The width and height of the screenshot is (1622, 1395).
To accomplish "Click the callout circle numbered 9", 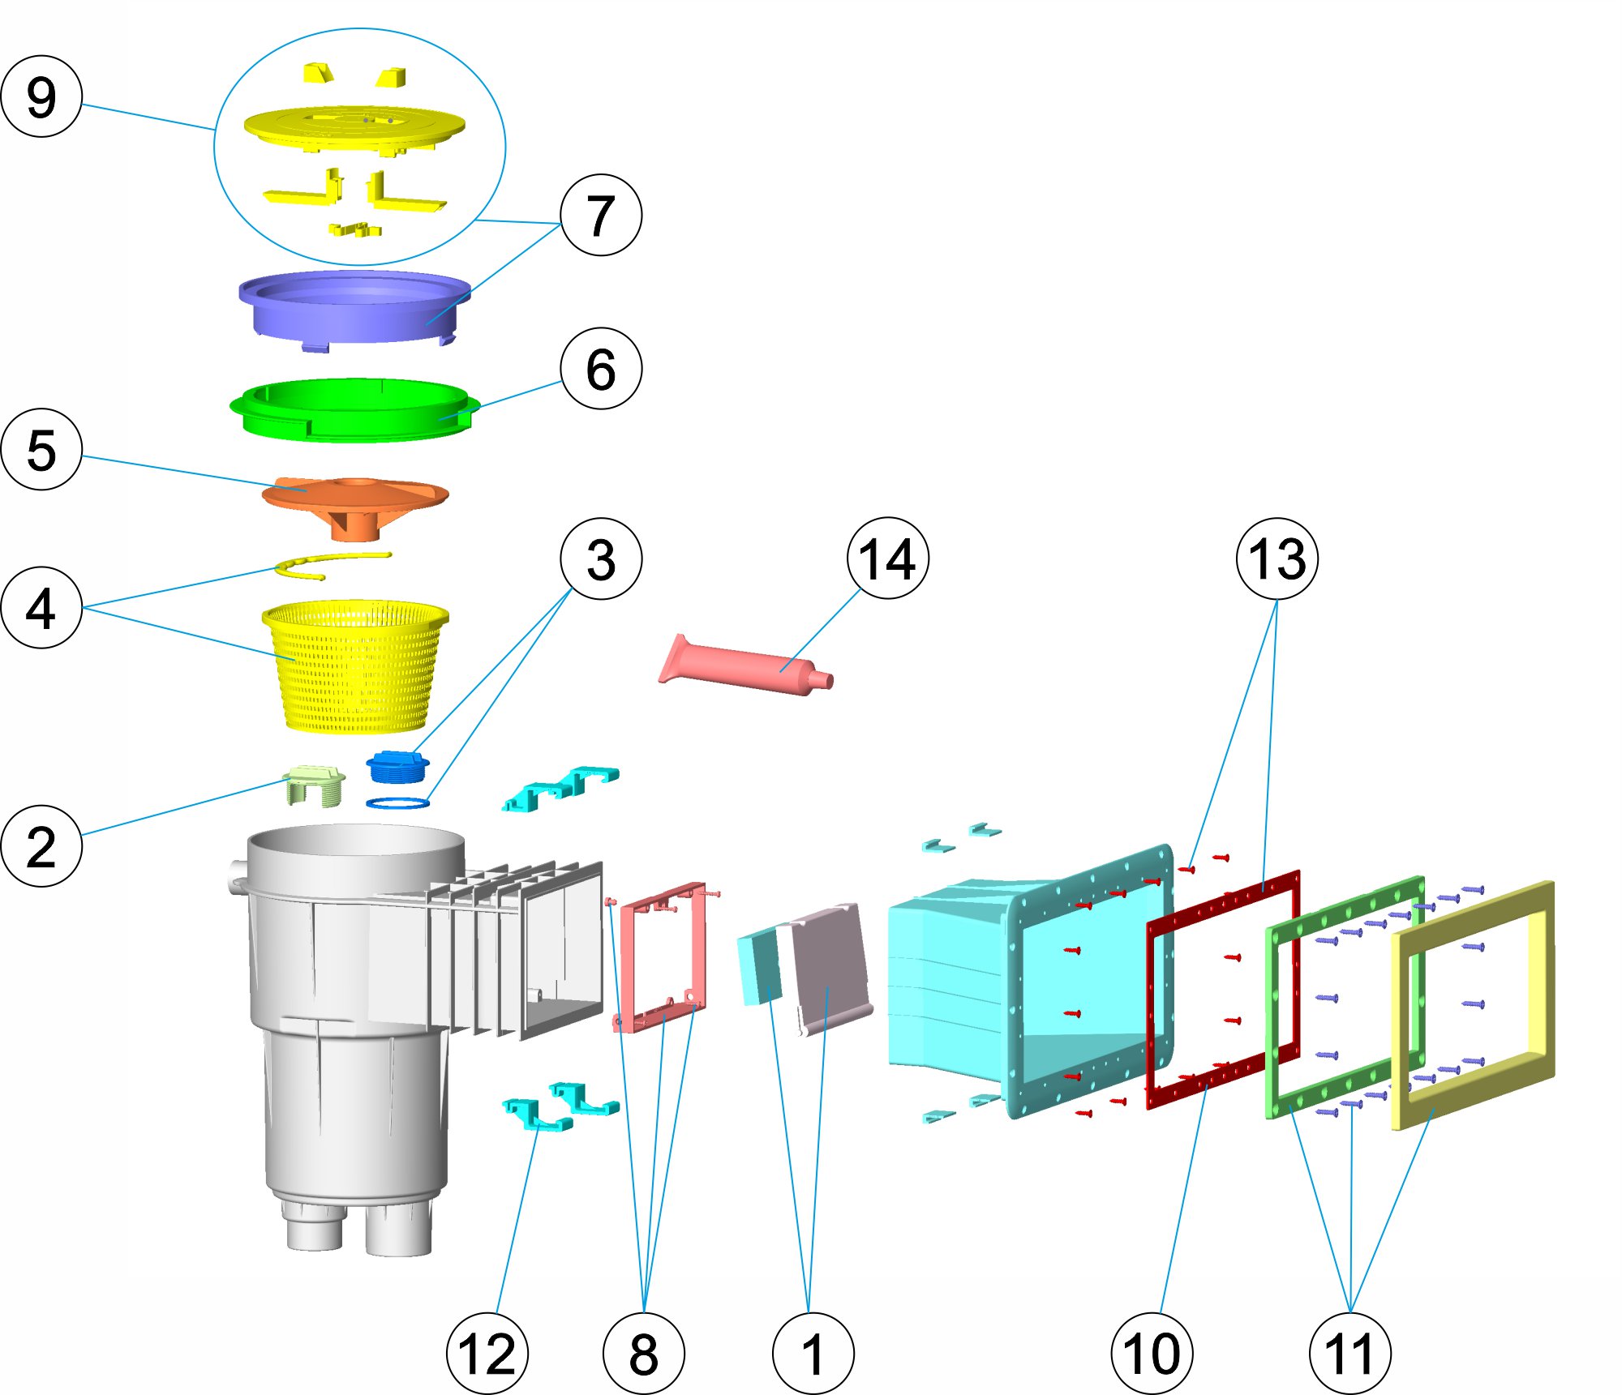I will click(41, 96).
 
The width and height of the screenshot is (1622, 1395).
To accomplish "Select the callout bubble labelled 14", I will click(888, 558).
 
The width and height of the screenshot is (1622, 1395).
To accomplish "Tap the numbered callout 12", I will click(487, 1354).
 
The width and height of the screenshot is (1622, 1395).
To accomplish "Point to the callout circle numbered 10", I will click(1152, 1354).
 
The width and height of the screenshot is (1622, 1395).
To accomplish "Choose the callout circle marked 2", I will click(41, 846).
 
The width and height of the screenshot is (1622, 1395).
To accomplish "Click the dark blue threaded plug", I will click(397, 767).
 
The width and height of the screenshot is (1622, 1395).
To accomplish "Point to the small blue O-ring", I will click(397, 803).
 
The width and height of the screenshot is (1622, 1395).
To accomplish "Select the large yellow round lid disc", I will click(354, 127).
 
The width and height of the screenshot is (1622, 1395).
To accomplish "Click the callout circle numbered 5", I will click(41, 449).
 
